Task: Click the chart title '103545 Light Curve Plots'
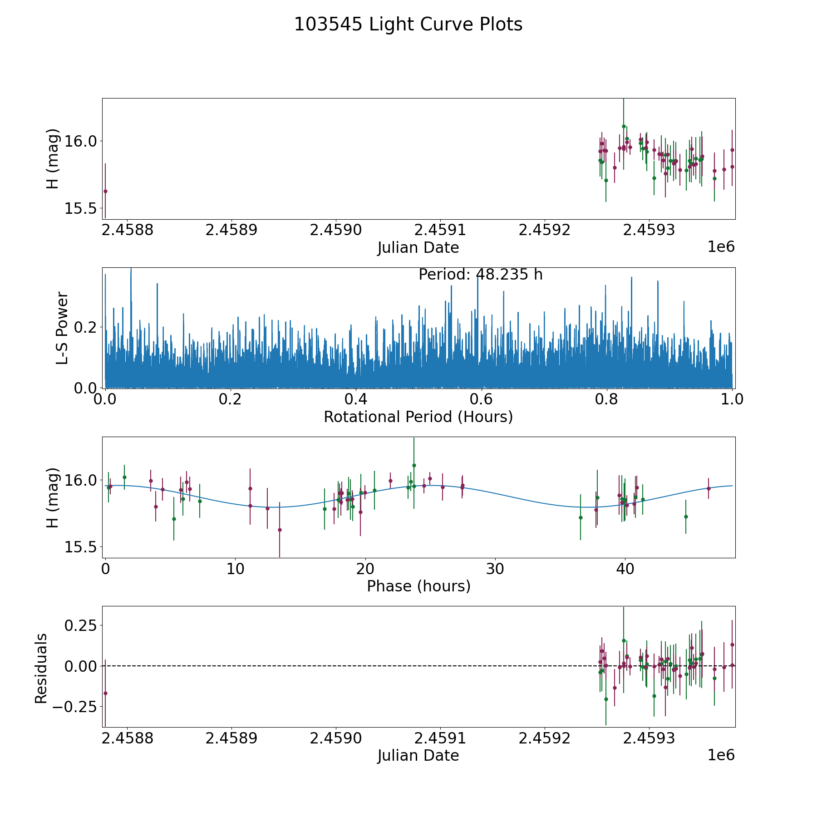[x=408, y=25]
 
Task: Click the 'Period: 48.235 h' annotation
[x=480, y=275]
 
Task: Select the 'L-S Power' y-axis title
[x=62, y=328]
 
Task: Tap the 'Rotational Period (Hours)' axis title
[x=418, y=417]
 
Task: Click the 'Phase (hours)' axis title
[x=418, y=586]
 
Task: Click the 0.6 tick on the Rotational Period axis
[x=481, y=399]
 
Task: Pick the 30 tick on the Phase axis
[x=495, y=569]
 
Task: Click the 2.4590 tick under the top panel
[x=335, y=230]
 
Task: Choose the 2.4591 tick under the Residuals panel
[x=440, y=738]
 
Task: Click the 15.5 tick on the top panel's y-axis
[x=80, y=208]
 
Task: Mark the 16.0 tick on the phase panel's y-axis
[x=80, y=480]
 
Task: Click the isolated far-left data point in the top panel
[x=105, y=191]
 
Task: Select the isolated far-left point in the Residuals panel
[x=105, y=693]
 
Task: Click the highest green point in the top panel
[x=624, y=126]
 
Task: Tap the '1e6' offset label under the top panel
[x=721, y=247]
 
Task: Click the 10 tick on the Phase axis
[x=235, y=569]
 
